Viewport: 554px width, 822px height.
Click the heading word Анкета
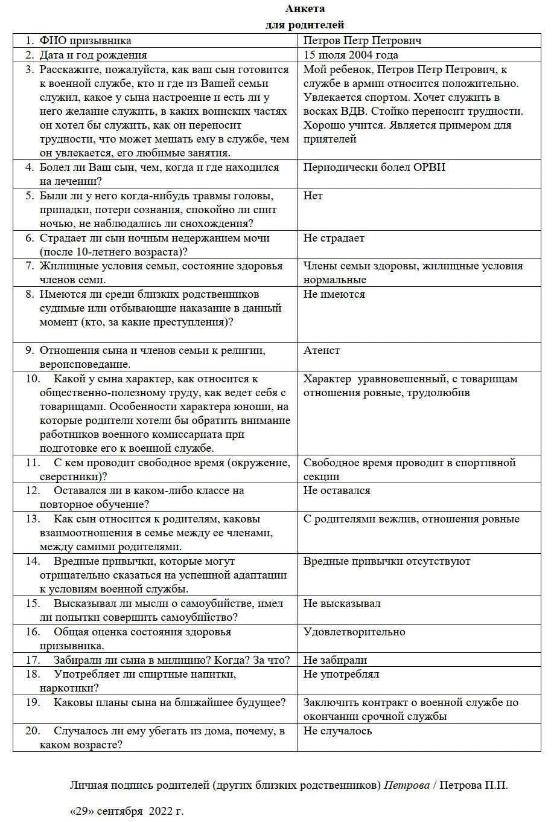[x=305, y=8]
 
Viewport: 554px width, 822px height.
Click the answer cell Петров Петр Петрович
[x=362, y=40]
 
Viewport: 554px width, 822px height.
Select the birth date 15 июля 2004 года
[x=351, y=55]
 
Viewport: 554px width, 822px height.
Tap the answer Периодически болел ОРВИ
[x=374, y=167]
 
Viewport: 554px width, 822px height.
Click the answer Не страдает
[x=334, y=238]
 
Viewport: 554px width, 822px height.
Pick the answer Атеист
[x=322, y=350]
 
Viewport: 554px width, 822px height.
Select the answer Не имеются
[x=334, y=294]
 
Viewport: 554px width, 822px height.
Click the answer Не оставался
[x=337, y=490]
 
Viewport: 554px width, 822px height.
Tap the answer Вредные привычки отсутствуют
[x=387, y=561]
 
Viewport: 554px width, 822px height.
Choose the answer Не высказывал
[x=342, y=603]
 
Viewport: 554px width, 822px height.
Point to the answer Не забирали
[x=335, y=660]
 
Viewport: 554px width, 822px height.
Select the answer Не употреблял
[x=341, y=674]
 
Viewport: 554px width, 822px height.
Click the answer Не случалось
[x=337, y=731]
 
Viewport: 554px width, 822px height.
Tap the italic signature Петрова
[x=407, y=785]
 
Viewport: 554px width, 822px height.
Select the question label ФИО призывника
[x=85, y=40]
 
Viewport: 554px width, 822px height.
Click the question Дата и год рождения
[x=94, y=55]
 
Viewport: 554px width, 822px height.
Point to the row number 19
[x=33, y=702]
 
